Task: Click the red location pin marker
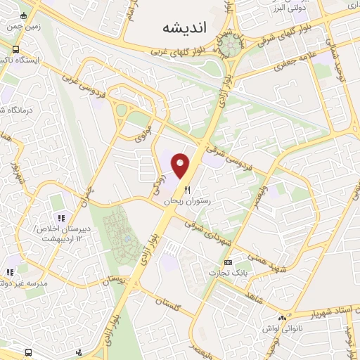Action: point(181,165)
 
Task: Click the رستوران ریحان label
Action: point(188,201)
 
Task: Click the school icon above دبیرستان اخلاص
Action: point(61,218)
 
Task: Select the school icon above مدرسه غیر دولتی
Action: point(10,272)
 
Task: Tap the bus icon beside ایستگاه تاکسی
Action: point(15,49)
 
